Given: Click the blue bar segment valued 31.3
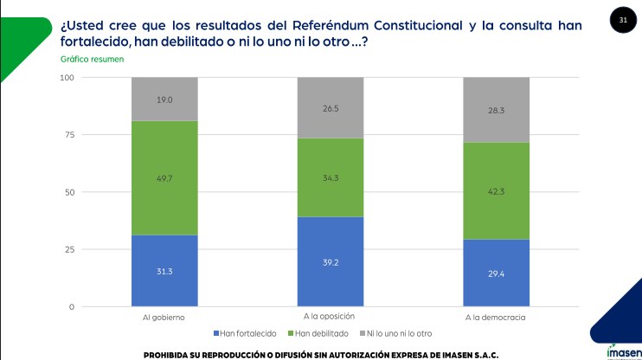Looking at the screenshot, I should [x=164, y=271].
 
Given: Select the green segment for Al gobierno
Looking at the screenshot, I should [x=164, y=177].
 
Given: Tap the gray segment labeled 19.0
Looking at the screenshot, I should [x=164, y=99].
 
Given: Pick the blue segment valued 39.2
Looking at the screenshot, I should [x=330, y=261].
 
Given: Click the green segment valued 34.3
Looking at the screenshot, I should [x=330, y=177].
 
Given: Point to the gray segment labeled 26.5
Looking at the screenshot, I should [x=330, y=107].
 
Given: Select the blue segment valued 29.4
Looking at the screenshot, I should [x=496, y=273].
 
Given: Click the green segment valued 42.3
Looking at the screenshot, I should [x=496, y=190].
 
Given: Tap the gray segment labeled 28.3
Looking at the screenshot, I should [x=496, y=110].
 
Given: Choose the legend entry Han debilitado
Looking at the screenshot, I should [x=321, y=333].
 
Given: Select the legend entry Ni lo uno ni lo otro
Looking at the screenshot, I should [x=399, y=333].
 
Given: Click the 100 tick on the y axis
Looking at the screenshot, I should [x=66, y=78].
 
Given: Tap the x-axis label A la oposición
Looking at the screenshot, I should [x=330, y=318].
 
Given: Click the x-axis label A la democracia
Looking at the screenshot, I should [x=496, y=318].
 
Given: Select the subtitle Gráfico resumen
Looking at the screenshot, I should [x=93, y=59].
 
